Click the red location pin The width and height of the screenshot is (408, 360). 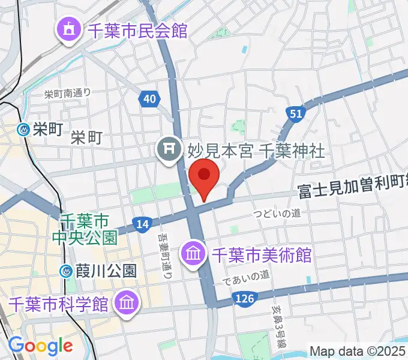[204, 176]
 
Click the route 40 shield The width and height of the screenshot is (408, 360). [149, 98]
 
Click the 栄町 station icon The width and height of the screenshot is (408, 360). [23, 128]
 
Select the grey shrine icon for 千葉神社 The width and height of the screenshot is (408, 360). [167, 148]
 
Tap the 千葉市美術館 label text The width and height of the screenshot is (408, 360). [260, 254]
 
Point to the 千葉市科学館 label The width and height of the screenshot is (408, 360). [59, 304]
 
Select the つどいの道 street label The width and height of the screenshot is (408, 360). [276, 213]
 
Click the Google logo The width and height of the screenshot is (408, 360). [40, 346]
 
